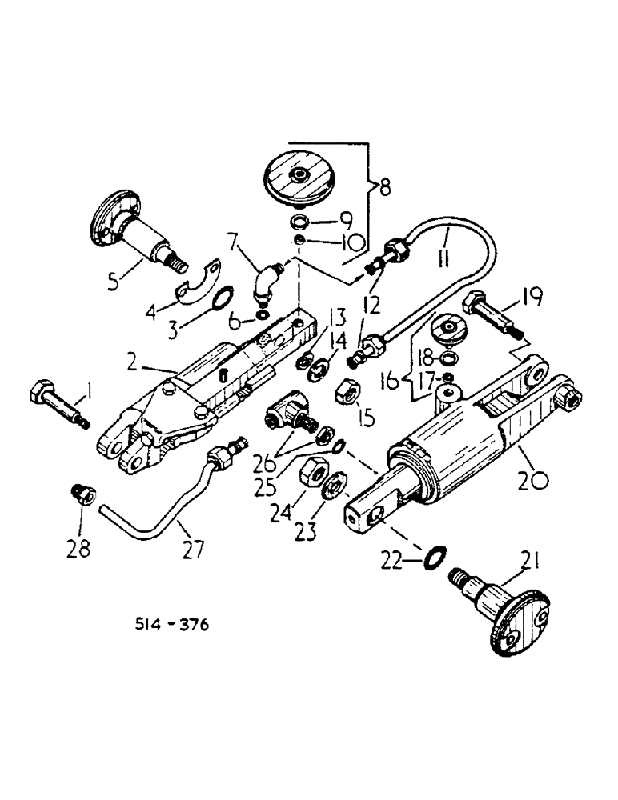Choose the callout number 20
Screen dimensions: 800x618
click(x=533, y=480)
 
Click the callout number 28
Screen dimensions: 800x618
click(x=81, y=549)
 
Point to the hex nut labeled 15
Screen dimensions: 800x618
click(x=349, y=392)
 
